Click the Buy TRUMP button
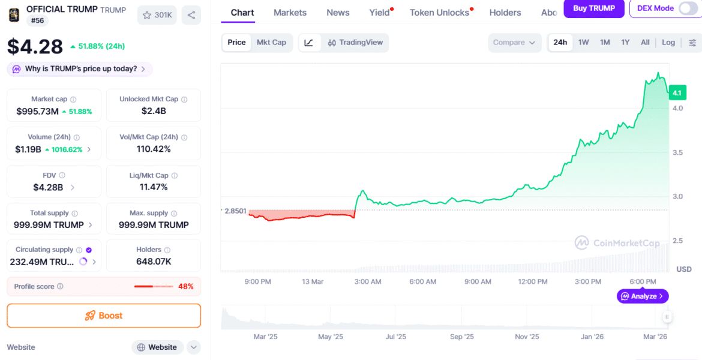pyautogui.click(x=594, y=8)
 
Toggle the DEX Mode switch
pyautogui.click(x=688, y=8)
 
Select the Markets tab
pyautogui.click(x=290, y=13)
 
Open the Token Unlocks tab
pyautogui.click(x=439, y=13)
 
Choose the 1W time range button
pyautogui.click(x=583, y=43)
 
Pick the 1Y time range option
pyautogui.click(x=625, y=43)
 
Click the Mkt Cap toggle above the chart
pyautogui.click(x=271, y=43)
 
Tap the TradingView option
pyautogui.click(x=355, y=43)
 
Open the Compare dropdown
pyautogui.click(x=514, y=43)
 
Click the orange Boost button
pyautogui.click(x=104, y=316)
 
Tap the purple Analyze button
pyautogui.click(x=643, y=296)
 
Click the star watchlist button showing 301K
pyautogui.click(x=157, y=15)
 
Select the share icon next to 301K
pyautogui.click(x=191, y=15)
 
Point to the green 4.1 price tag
pyautogui.click(x=677, y=93)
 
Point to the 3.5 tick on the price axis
pyautogui.click(x=677, y=152)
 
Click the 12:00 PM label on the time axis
pyautogui.click(x=533, y=281)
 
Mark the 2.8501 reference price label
pyautogui.click(x=235, y=211)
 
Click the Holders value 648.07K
pyautogui.click(x=153, y=262)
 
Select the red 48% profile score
pyautogui.click(x=186, y=286)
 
